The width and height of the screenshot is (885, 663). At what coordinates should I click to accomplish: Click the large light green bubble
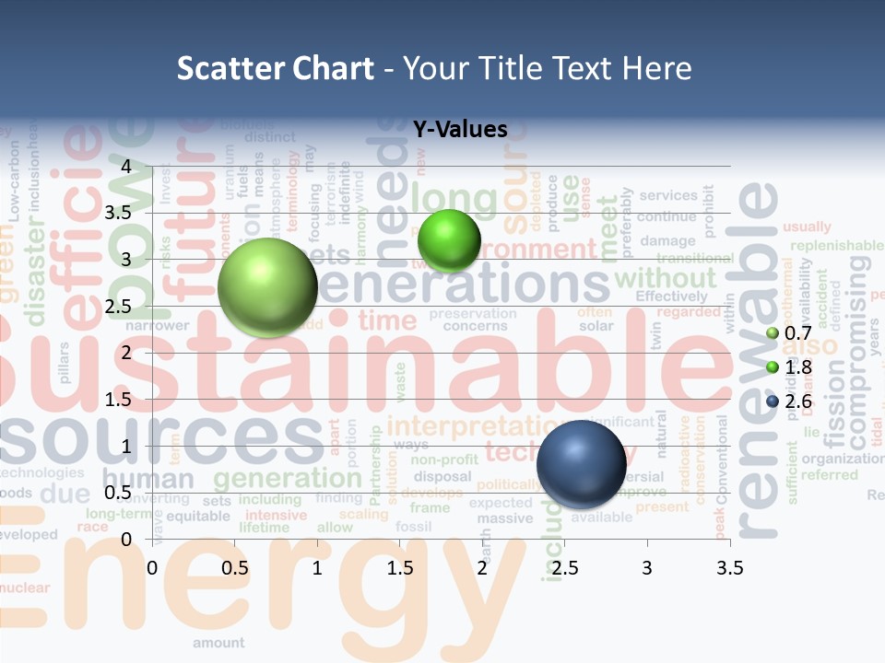(x=267, y=287)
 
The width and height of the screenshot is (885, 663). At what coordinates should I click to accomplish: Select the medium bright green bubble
(x=449, y=241)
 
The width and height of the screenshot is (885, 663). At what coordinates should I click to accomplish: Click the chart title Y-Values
(x=460, y=130)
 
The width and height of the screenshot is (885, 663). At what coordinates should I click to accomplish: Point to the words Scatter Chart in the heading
(x=276, y=67)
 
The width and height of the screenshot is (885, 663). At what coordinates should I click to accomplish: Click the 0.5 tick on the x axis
(x=235, y=568)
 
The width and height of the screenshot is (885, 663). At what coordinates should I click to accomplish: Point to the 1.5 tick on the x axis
(x=400, y=568)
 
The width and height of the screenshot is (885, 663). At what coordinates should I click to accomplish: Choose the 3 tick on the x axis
(x=647, y=568)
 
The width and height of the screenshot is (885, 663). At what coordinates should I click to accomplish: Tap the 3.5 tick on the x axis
(x=729, y=568)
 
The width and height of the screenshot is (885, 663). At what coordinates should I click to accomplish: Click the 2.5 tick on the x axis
(x=564, y=568)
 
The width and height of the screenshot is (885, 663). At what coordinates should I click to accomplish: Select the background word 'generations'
(x=461, y=285)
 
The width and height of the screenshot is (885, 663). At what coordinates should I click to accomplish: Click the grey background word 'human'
(x=147, y=479)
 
